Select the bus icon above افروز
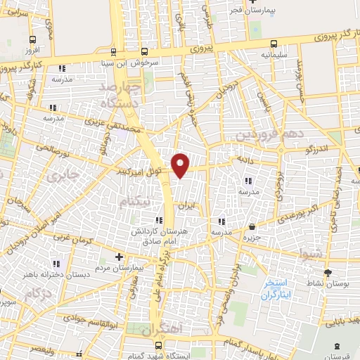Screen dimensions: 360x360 pyautogui.click(x=32, y=40)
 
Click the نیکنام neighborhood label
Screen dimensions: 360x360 pyautogui.click(x=135, y=202)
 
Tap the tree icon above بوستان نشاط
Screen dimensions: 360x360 pyautogui.click(x=327, y=273)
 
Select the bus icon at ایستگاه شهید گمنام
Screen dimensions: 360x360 pyautogui.click(x=159, y=346)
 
